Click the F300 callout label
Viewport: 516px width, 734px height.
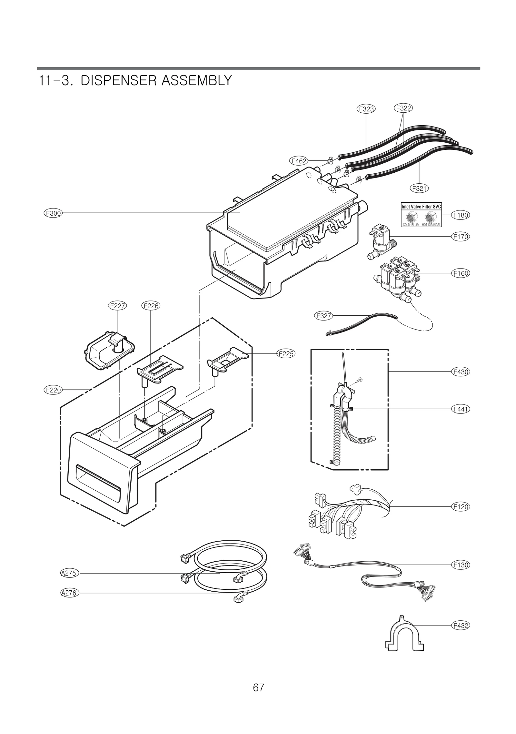pyautogui.click(x=53, y=213)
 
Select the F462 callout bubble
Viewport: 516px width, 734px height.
pyautogui.click(x=299, y=161)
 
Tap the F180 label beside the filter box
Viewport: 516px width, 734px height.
pyautogui.click(x=460, y=215)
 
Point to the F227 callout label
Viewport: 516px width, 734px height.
pyautogui.click(x=117, y=305)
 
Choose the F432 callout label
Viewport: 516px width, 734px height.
pyautogui.click(x=460, y=626)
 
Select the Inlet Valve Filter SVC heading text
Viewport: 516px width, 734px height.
pyautogui.click(x=421, y=207)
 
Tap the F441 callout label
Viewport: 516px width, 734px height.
pyautogui.click(x=460, y=409)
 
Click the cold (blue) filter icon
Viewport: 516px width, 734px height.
pyautogui.click(x=412, y=217)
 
